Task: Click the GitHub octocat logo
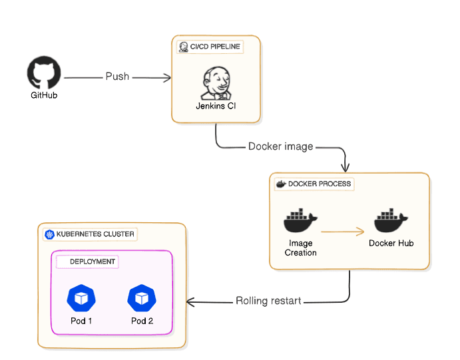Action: click(x=44, y=73)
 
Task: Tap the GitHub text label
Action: click(x=44, y=96)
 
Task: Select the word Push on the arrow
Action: click(x=118, y=77)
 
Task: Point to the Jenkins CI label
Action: click(x=216, y=106)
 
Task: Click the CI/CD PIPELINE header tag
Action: click(x=210, y=47)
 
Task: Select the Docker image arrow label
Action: click(x=280, y=146)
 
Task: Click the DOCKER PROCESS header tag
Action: click(x=314, y=184)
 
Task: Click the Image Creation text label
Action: click(x=301, y=248)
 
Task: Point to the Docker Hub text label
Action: click(x=391, y=244)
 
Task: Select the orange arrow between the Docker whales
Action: click(x=342, y=232)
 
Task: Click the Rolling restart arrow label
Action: click(x=268, y=301)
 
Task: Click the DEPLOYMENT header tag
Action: click(x=87, y=262)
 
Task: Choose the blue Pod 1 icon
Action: click(x=81, y=298)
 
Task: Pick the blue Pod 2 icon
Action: click(x=142, y=298)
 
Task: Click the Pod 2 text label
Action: click(x=142, y=321)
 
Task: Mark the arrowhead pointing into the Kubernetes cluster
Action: click(x=190, y=302)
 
